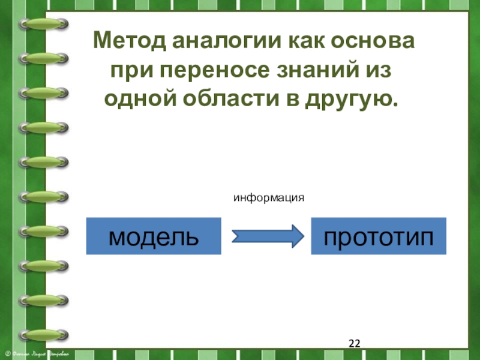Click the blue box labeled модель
click(154, 236)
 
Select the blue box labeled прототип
click(379, 236)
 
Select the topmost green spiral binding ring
click(42, 23)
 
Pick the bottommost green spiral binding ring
click(42, 334)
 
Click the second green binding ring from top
click(42, 58)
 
